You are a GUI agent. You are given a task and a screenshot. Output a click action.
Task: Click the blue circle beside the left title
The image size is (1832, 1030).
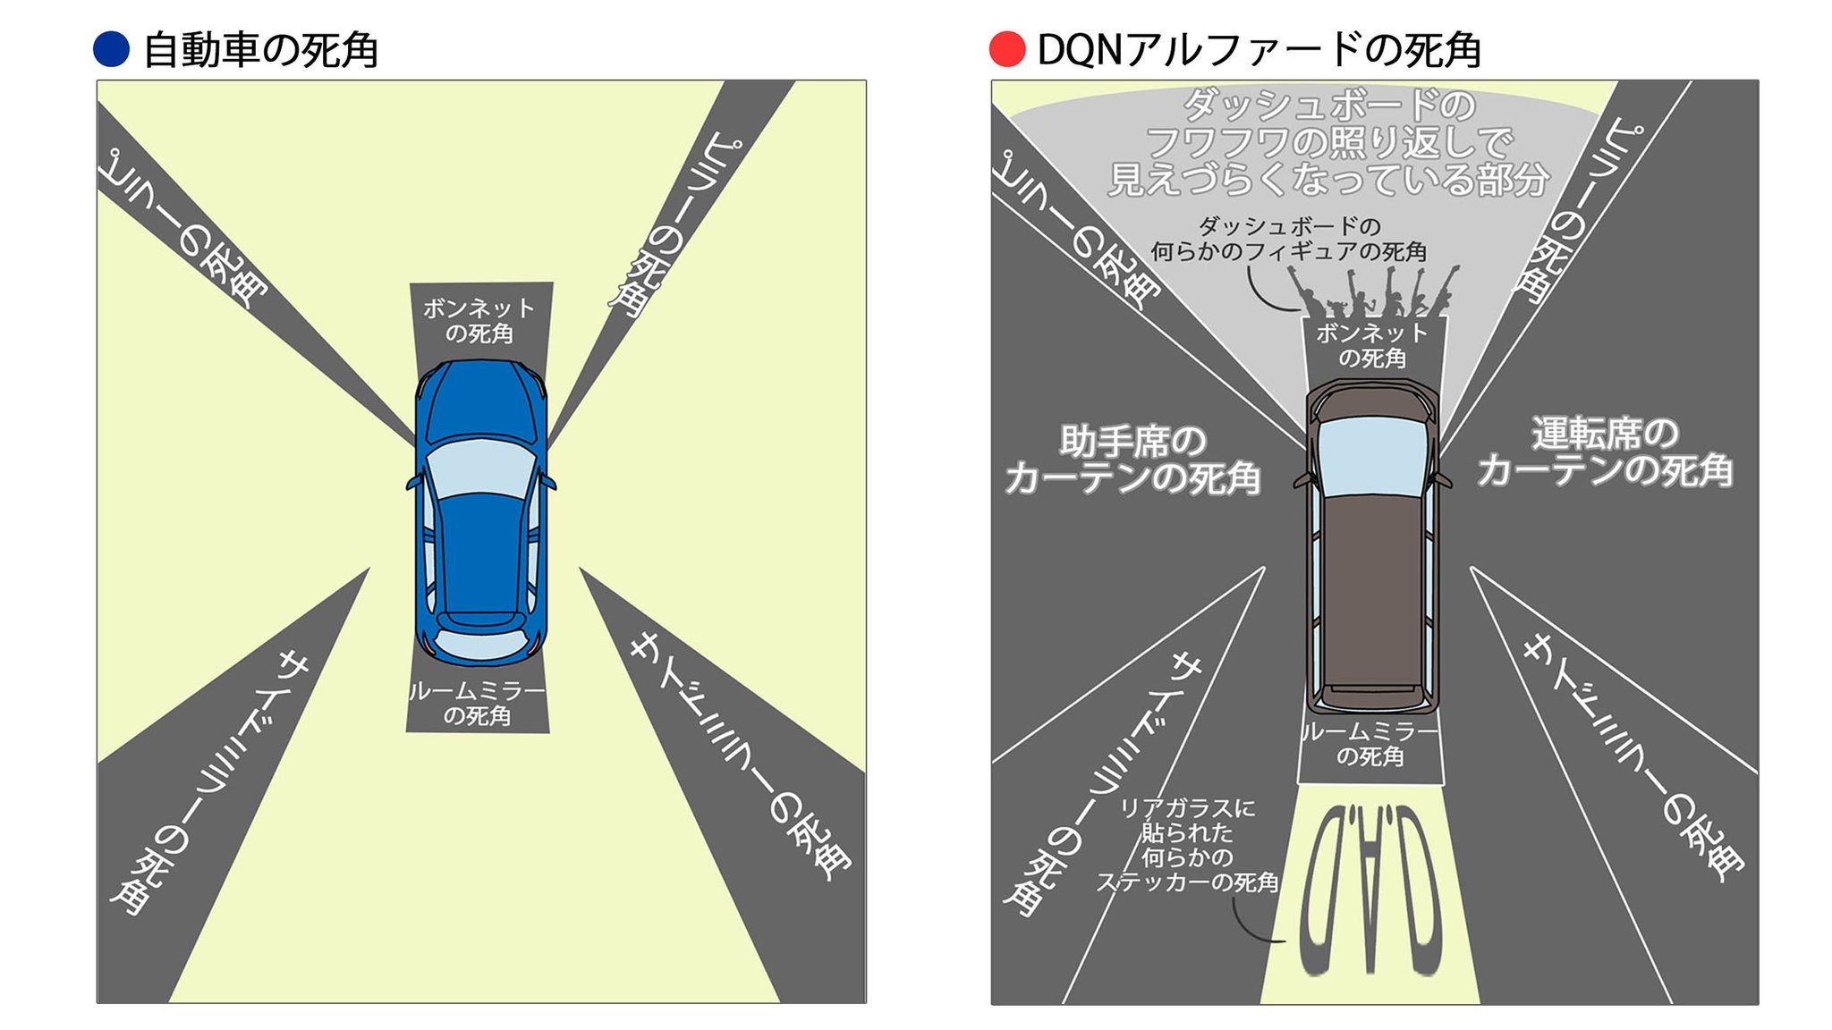112,49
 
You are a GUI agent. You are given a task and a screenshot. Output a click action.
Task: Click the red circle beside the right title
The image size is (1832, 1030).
1006,49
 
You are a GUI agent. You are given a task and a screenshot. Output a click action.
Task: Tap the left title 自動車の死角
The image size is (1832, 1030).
260,50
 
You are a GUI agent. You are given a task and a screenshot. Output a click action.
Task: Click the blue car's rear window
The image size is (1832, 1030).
480,644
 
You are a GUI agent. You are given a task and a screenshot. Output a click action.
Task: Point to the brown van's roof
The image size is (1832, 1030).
1371,590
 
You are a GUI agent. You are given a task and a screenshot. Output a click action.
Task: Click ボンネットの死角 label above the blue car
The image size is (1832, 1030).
479,321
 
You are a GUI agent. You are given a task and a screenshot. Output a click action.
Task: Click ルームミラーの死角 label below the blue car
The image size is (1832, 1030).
478,704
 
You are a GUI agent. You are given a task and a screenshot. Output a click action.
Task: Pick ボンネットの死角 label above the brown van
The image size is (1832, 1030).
1372,345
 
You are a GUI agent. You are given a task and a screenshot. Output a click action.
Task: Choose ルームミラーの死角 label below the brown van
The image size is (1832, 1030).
1370,744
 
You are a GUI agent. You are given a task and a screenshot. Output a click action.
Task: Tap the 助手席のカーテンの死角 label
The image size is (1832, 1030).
1132,460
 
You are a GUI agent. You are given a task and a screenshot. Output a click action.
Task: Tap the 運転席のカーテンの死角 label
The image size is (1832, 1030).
1605,452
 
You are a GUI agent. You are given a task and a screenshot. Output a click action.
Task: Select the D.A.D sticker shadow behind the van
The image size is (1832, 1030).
1370,890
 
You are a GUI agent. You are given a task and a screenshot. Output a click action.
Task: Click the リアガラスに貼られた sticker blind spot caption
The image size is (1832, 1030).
1188,845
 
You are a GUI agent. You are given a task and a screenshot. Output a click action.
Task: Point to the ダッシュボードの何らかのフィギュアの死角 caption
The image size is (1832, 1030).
1288,239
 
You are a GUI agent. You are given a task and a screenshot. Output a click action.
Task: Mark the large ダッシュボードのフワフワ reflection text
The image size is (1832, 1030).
1329,143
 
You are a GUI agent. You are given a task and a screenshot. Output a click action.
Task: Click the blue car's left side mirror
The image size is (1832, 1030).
412,483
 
